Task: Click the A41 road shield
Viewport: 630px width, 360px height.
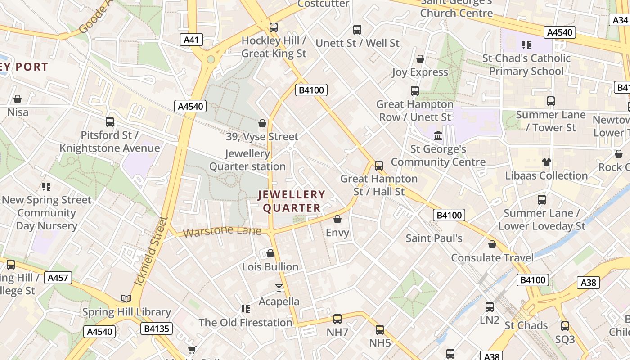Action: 191,40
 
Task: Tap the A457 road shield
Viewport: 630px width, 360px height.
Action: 58,278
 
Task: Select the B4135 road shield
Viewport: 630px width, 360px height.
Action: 157,328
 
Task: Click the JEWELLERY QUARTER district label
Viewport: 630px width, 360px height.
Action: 292,201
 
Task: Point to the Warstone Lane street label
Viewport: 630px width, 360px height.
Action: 222,231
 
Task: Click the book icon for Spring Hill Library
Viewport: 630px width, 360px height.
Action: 126,298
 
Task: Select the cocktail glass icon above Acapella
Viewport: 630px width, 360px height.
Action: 279,288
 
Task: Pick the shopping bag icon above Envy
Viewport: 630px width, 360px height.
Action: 337,219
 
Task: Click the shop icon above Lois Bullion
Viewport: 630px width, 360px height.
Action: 270,253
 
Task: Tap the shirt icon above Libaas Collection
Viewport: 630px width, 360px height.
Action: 546,162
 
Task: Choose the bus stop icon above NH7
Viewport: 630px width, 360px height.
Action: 337,319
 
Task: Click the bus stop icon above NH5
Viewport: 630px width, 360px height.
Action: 380,329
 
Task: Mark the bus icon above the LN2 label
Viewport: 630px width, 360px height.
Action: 490,307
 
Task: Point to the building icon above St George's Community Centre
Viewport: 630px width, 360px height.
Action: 438,135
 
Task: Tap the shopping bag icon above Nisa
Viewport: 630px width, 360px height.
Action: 18,99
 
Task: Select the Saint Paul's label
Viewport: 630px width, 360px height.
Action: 434,238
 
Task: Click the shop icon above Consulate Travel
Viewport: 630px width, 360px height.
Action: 492,244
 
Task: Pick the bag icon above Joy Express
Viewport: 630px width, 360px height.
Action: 420,59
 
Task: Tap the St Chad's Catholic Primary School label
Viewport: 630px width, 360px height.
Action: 526,64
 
